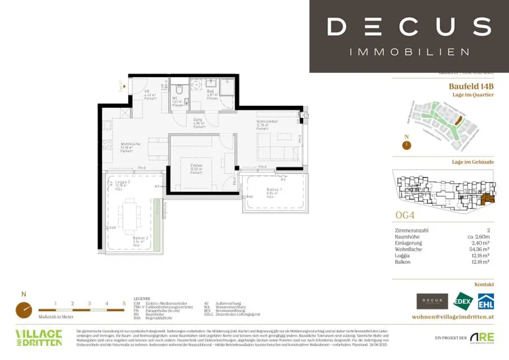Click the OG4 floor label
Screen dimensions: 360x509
tap(404, 216)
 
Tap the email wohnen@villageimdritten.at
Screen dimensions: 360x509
tap(453, 317)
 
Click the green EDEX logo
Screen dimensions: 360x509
tap(464, 301)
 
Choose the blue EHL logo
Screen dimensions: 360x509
tap(485, 301)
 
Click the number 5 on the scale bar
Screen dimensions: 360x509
tap(124, 303)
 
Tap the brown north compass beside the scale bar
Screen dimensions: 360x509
tap(24, 310)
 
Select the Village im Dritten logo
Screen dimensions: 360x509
tap(39, 338)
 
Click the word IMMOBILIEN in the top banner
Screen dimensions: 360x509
tap(409, 52)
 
